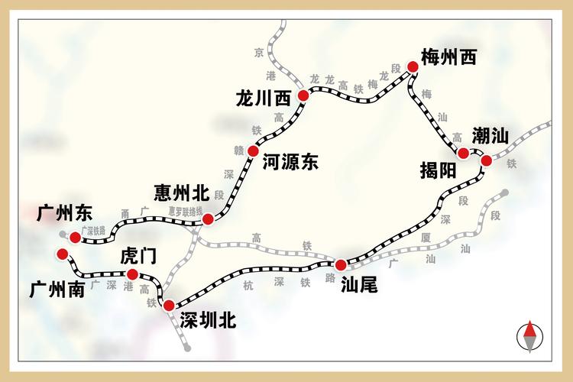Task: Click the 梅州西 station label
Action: click(448, 57)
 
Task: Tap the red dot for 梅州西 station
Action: click(413, 67)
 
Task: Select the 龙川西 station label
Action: click(264, 98)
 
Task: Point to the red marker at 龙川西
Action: click(303, 95)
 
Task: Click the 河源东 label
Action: click(290, 161)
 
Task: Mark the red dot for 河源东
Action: click(253, 151)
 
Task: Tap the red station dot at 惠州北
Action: click(208, 220)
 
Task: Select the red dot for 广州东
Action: click(75, 238)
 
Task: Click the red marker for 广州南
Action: click(62, 254)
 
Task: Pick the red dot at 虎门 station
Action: click(132, 274)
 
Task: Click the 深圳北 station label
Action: click(208, 320)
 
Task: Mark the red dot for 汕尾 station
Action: click(341, 264)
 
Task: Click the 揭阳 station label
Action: click(437, 170)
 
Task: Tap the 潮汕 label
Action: click(490, 137)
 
